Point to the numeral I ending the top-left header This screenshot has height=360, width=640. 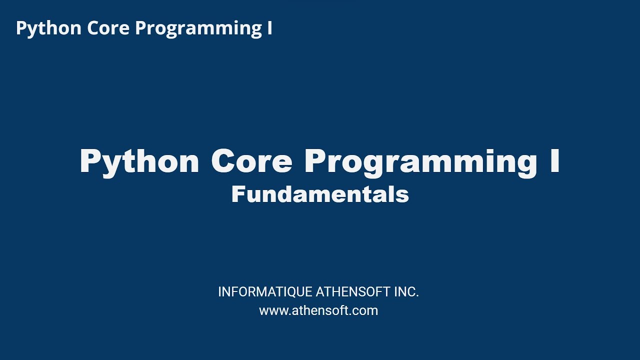[x=269, y=28]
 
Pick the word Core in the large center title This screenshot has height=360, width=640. [x=251, y=161]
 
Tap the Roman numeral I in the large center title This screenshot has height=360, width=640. [x=554, y=161]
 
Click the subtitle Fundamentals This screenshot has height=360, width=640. [x=320, y=194]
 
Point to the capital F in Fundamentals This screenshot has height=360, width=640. [x=237, y=194]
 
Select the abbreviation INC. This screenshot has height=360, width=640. [x=406, y=292]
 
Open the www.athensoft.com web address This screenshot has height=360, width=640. [x=318, y=310]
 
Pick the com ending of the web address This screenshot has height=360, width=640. [x=367, y=311]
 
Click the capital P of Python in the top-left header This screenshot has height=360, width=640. [x=21, y=28]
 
